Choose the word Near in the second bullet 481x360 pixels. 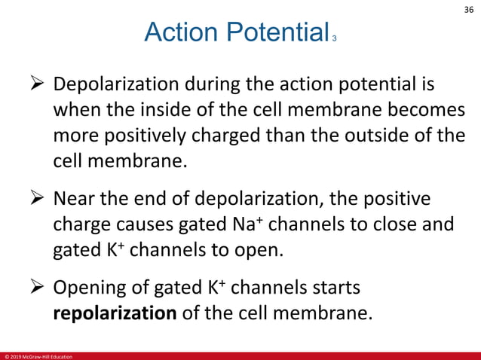[x=74, y=200]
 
